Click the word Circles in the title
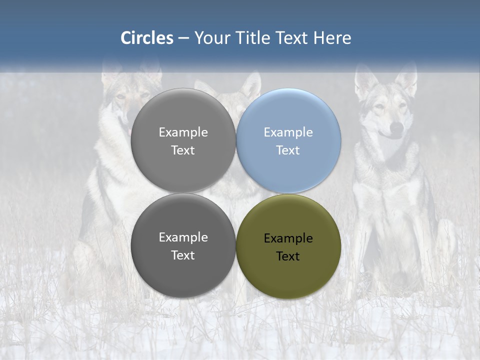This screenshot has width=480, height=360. pos(147,38)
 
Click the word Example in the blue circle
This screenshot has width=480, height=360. pos(288,132)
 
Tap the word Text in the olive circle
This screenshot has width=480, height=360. pos(288,256)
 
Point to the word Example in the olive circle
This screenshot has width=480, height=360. pos(288,238)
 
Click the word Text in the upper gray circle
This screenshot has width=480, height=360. pos(183,150)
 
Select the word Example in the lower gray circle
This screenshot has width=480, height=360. pos(183,237)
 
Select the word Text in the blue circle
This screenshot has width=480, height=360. pos(288,150)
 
